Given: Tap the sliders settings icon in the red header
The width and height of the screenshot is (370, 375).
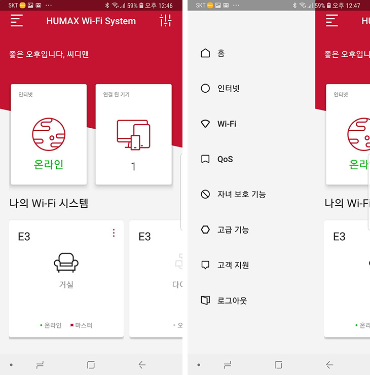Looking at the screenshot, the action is tap(166, 20).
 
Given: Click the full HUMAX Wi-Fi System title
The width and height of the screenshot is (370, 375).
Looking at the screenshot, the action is tap(91, 21).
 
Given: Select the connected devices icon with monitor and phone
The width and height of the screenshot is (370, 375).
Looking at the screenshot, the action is tap(133, 135).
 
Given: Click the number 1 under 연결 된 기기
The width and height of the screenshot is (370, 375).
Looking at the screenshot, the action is tap(133, 166).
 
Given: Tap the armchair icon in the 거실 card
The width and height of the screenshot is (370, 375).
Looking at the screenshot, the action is tap(66, 262).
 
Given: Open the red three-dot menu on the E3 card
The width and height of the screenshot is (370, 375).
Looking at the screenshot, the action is tap(114, 233).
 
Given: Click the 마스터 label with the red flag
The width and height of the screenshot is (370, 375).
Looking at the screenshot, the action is tap(81, 325).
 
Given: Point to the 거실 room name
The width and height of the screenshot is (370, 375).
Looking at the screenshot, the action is tap(66, 284).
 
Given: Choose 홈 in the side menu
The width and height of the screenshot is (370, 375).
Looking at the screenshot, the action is tap(221, 53).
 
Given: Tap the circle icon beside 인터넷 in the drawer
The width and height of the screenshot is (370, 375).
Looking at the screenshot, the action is tap(205, 88).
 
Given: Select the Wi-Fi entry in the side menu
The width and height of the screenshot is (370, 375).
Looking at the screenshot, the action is tap(227, 124).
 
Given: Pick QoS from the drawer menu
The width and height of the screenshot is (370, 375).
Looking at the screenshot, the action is tap(225, 159).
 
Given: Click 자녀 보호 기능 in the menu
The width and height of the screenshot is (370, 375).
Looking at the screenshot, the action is tap(242, 194).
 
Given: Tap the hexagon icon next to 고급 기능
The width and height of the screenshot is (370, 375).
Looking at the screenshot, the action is tap(205, 230).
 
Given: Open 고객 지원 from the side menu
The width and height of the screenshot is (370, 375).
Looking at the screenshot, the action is tap(233, 265).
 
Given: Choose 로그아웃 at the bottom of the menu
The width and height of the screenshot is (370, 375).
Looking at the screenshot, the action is tap(232, 301).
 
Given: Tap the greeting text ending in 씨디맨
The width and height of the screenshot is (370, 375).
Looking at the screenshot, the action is tap(49, 54).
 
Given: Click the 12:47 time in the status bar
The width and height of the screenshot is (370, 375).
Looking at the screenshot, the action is tap(353, 6).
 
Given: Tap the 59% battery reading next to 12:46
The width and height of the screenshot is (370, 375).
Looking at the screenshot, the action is tap(132, 6).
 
